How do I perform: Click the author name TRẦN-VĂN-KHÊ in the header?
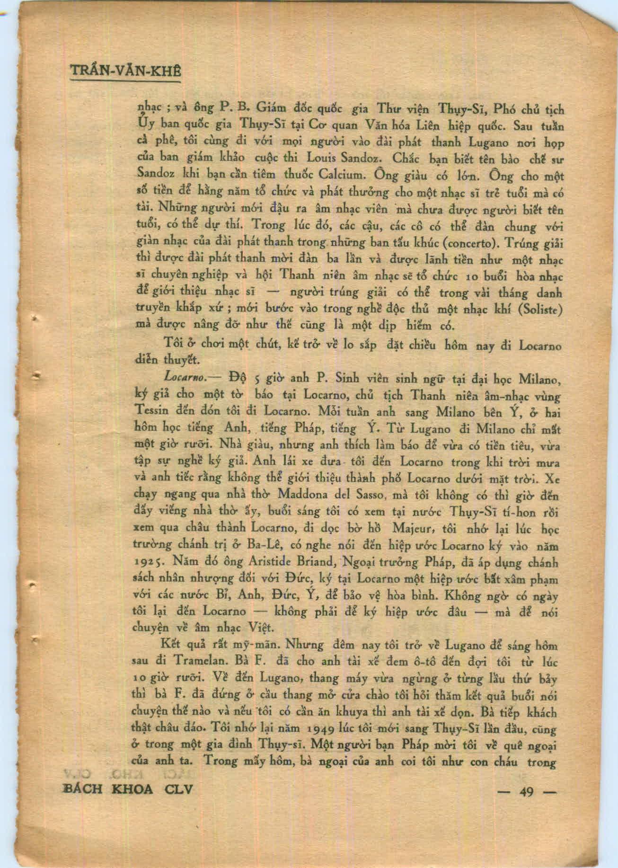125,72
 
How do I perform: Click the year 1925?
150,563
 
